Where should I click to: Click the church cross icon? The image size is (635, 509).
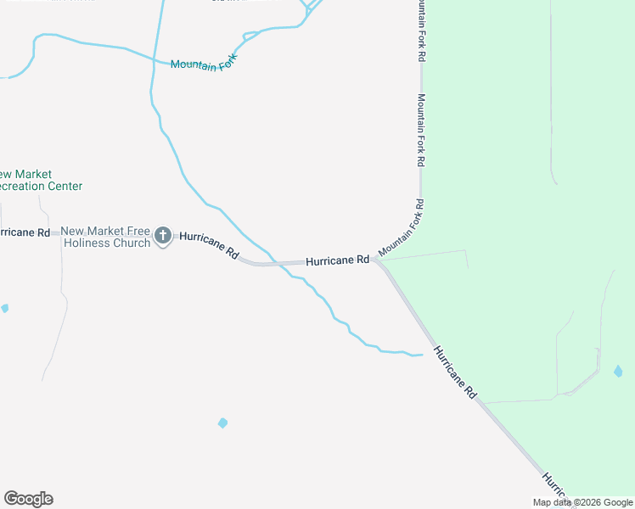point(163,237)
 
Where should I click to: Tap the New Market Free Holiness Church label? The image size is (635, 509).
point(105,237)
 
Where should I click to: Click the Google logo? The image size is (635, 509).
point(28,499)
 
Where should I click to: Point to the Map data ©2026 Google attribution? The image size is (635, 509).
point(582,502)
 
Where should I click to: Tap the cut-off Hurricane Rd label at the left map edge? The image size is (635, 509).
point(24,232)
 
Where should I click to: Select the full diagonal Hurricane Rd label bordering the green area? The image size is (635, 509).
point(455,373)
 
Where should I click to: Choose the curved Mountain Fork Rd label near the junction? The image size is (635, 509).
point(402,229)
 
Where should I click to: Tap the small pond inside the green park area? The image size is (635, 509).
point(618,372)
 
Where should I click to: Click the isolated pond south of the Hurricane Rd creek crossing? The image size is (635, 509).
point(222,422)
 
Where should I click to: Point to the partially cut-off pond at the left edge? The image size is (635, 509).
point(4,308)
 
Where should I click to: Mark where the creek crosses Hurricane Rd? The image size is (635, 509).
point(279,264)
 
